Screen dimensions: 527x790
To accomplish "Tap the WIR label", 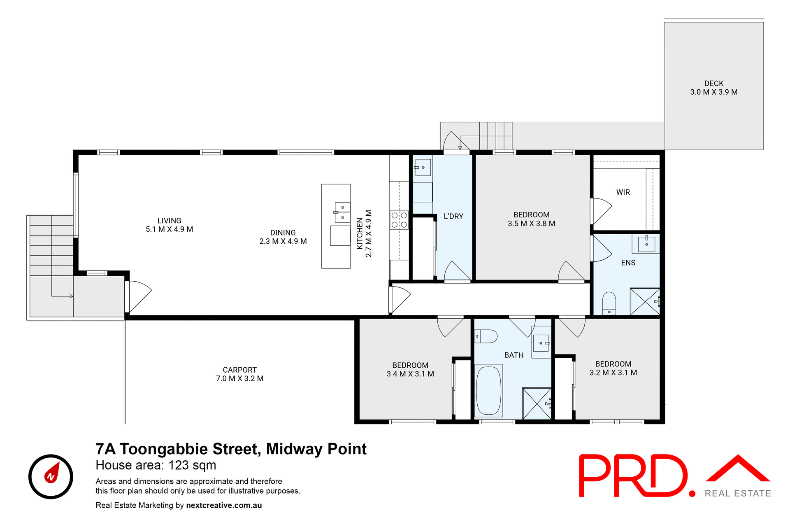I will (623, 192).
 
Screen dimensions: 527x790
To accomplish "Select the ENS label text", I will (628, 263).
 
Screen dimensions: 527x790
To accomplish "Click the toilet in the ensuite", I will (609, 303).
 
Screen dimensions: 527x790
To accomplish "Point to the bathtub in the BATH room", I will (488, 390).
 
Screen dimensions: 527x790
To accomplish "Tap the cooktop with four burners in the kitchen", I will (399, 220).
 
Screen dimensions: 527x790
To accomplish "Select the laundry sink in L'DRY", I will (422, 168).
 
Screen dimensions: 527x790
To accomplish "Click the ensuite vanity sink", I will (646, 244).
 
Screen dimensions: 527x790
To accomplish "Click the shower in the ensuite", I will (645, 302).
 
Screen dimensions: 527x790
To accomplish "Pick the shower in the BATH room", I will (537, 403).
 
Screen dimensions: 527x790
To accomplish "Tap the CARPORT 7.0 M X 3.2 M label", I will (239, 374).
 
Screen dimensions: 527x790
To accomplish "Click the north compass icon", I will (51, 477).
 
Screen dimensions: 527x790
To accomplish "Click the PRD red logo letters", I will (634, 476).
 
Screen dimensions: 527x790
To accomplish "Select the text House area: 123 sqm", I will (156, 465).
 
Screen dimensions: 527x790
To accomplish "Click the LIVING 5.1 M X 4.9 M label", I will (169, 225).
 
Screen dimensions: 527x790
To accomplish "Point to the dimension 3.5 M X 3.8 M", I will (531, 224).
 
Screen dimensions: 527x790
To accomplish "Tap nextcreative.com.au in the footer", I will (224, 505).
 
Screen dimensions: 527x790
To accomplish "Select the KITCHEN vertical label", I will (360, 233).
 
